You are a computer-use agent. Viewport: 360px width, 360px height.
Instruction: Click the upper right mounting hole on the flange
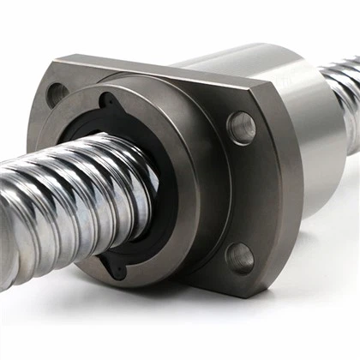coord(241,128)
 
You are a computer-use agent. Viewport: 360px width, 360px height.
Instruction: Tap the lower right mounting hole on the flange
coord(240,256)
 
